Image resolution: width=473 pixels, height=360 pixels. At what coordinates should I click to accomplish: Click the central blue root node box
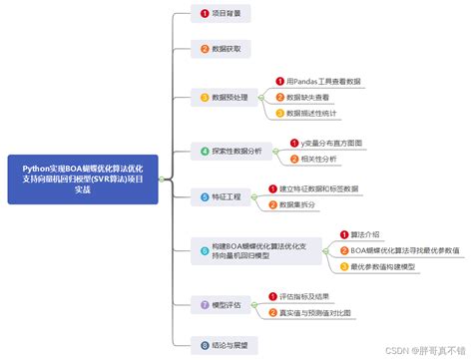click(x=82, y=180)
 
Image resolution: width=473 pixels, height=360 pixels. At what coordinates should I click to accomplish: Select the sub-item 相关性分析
click(x=316, y=159)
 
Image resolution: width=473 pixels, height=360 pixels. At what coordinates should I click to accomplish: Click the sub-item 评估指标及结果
click(x=309, y=295)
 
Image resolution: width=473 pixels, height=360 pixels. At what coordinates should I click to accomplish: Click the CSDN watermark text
click(x=419, y=351)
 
